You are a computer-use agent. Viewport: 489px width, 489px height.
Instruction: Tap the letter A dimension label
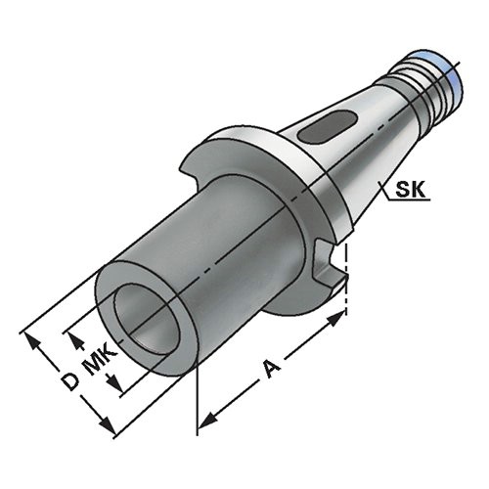pyautogui.click(x=272, y=369)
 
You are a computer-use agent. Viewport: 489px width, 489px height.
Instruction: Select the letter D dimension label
pyautogui.click(x=70, y=381)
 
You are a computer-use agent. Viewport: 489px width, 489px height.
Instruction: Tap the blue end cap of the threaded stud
pyautogui.click(x=451, y=81)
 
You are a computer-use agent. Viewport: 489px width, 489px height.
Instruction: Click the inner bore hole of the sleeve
pyautogui.click(x=147, y=319)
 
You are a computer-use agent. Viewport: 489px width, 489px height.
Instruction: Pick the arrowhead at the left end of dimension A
pyautogui.click(x=207, y=421)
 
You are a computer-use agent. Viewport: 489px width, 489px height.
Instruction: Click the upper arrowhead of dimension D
pyautogui.click(x=31, y=341)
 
